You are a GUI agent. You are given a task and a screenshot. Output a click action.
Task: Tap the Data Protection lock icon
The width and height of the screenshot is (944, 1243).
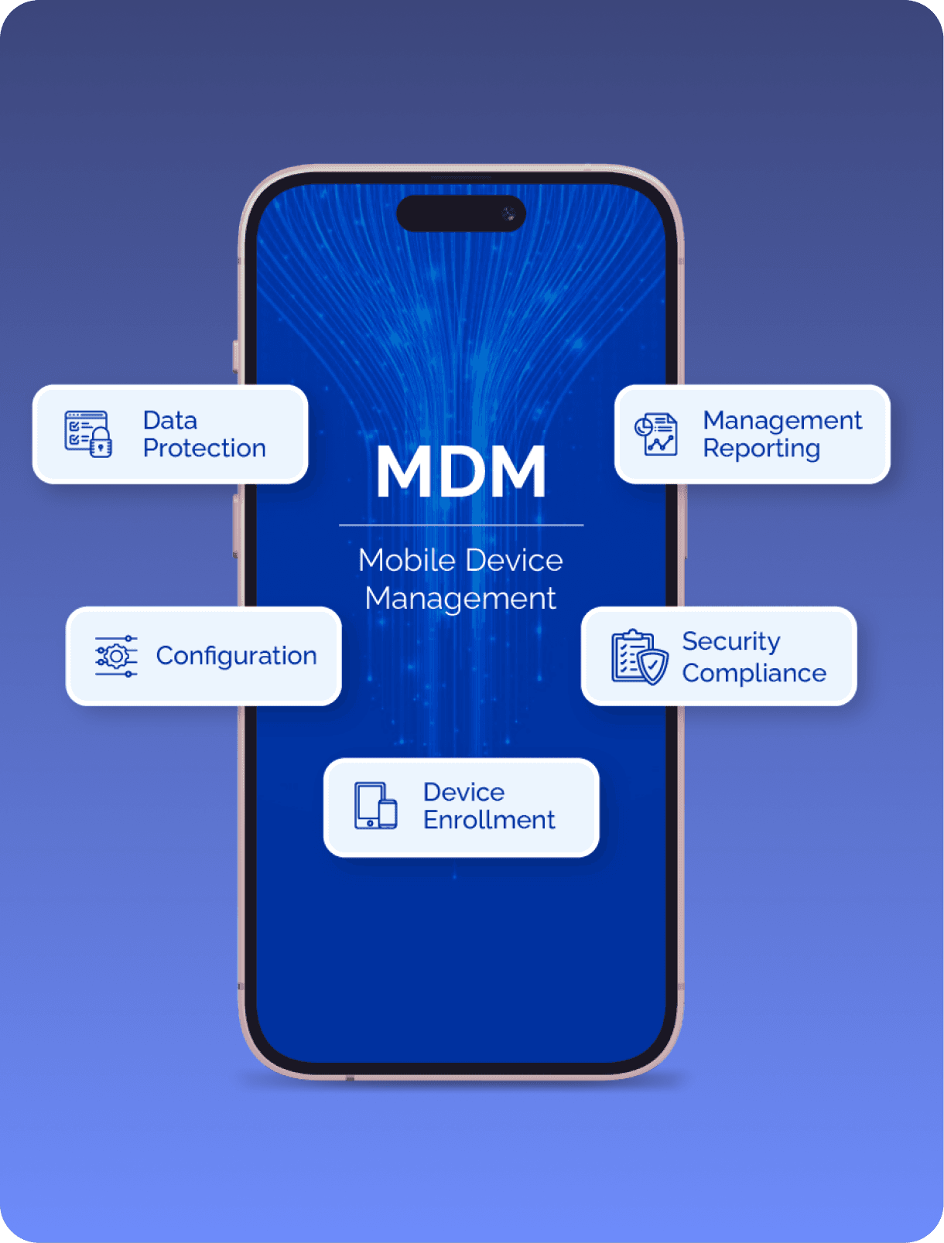(x=88, y=434)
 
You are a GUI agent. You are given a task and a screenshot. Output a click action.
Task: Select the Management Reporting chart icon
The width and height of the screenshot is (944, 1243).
(x=656, y=434)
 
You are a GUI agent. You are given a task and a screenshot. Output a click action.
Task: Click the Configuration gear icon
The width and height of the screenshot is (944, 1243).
(x=116, y=656)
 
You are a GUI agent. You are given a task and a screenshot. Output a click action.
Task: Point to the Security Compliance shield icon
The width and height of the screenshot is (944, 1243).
(x=640, y=657)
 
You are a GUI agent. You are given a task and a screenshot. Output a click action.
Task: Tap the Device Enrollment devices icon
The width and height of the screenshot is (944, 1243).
(x=376, y=806)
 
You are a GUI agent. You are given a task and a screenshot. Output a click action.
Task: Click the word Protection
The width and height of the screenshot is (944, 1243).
(x=204, y=449)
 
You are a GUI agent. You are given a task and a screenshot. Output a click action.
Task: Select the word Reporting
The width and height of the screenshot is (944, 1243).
(x=761, y=449)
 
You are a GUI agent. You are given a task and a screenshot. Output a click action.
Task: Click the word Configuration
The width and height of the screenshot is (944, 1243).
(x=236, y=656)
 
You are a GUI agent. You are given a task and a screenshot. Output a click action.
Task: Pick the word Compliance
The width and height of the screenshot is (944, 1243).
(x=754, y=673)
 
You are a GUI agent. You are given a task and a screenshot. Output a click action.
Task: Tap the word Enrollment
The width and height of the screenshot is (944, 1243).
(x=489, y=820)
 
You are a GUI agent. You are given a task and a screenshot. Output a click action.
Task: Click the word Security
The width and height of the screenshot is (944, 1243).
(x=730, y=641)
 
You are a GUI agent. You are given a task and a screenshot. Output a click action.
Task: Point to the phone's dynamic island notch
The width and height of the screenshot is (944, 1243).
(x=461, y=213)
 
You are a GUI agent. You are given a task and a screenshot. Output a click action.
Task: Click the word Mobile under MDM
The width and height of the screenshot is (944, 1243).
(x=407, y=560)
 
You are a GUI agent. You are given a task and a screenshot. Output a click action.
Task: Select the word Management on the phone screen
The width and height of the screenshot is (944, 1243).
(x=460, y=598)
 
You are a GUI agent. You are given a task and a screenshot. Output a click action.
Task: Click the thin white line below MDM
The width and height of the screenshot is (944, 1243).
(x=461, y=525)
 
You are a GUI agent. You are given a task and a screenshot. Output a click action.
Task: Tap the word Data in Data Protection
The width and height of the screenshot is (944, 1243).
(x=170, y=421)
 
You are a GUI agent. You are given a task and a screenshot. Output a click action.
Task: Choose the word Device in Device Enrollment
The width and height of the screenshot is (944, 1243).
(x=463, y=792)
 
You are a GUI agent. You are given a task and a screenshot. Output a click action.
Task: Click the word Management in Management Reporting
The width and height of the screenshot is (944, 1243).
(x=782, y=421)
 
